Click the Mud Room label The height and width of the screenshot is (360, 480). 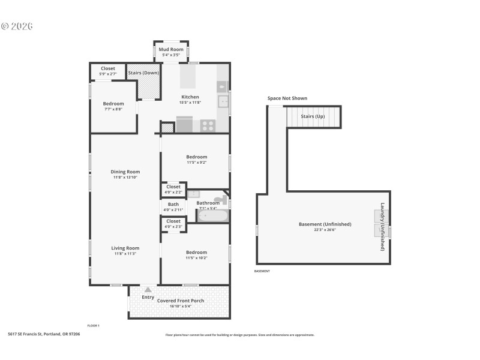[171, 49]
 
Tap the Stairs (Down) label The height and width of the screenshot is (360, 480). [144, 73]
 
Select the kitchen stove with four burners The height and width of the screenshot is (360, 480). [208, 125]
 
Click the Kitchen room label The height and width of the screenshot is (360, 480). [190, 97]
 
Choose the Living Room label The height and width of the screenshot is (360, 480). [125, 248]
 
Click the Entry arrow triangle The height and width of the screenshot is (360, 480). [148, 290]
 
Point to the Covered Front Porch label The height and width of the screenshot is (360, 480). [181, 301]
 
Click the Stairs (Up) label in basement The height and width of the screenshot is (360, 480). [313, 116]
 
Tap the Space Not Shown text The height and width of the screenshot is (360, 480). [287, 98]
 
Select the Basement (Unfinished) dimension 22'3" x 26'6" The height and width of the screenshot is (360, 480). [325, 229]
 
